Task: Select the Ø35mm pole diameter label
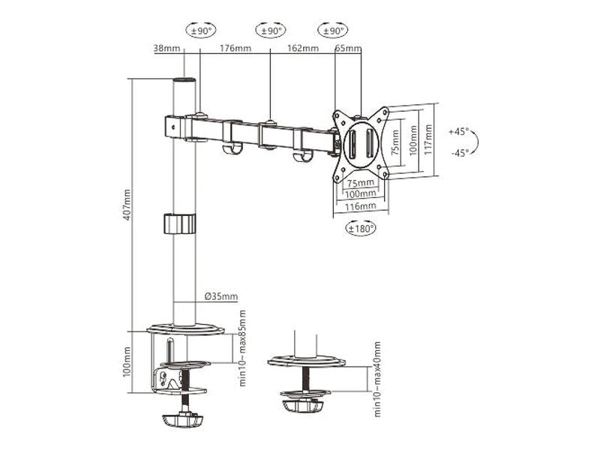(x=221, y=297)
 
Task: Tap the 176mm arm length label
(x=235, y=49)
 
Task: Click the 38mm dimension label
(x=166, y=49)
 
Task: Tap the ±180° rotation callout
(x=361, y=229)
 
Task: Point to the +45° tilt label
(x=459, y=131)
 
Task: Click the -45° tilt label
(x=459, y=152)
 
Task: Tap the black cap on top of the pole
(x=184, y=79)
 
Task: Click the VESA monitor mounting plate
(x=361, y=144)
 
